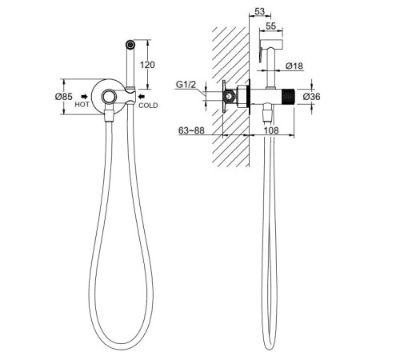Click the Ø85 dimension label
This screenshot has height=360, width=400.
(x=63, y=97)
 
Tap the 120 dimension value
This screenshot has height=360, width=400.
(x=147, y=65)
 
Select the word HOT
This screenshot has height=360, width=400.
(x=82, y=105)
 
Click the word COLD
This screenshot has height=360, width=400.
(x=148, y=106)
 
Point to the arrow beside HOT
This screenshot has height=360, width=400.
(x=85, y=96)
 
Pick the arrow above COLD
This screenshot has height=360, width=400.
(x=142, y=96)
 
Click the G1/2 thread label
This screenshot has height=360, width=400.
(x=186, y=85)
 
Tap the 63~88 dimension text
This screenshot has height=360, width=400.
(x=191, y=130)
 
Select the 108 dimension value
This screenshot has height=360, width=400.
(x=271, y=130)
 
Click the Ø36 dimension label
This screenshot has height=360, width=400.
(x=311, y=96)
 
